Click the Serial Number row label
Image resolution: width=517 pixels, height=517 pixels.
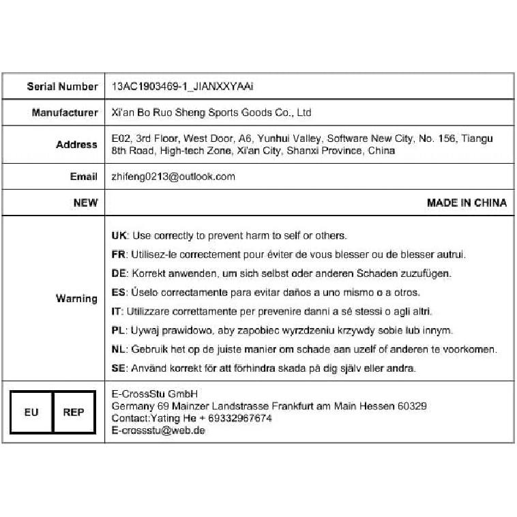(62, 87)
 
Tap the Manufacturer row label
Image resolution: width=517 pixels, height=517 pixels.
(65, 113)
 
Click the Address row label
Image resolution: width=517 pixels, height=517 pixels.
(76, 145)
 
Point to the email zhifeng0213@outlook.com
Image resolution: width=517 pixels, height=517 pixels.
(173, 177)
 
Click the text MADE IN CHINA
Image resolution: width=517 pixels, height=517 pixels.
(467, 203)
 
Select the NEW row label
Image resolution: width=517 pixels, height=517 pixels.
(85, 203)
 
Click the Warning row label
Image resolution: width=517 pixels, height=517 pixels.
(76, 299)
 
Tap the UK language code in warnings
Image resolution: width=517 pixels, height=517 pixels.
(119, 236)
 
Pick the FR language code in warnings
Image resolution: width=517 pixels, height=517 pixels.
(118, 254)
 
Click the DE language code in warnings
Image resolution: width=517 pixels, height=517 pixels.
(118, 274)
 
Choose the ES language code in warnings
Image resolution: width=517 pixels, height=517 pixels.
(118, 293)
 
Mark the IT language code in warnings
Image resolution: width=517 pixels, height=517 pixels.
(116, 312)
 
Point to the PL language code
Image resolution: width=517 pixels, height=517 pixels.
(117, 331)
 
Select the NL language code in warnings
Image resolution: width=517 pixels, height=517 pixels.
(118, 349)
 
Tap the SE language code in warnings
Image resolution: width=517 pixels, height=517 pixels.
(118, 368)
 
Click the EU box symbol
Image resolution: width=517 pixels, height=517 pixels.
(31, 412)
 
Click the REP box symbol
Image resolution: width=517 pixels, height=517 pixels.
(74, 412)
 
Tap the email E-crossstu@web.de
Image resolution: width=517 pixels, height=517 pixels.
(158, 430)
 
